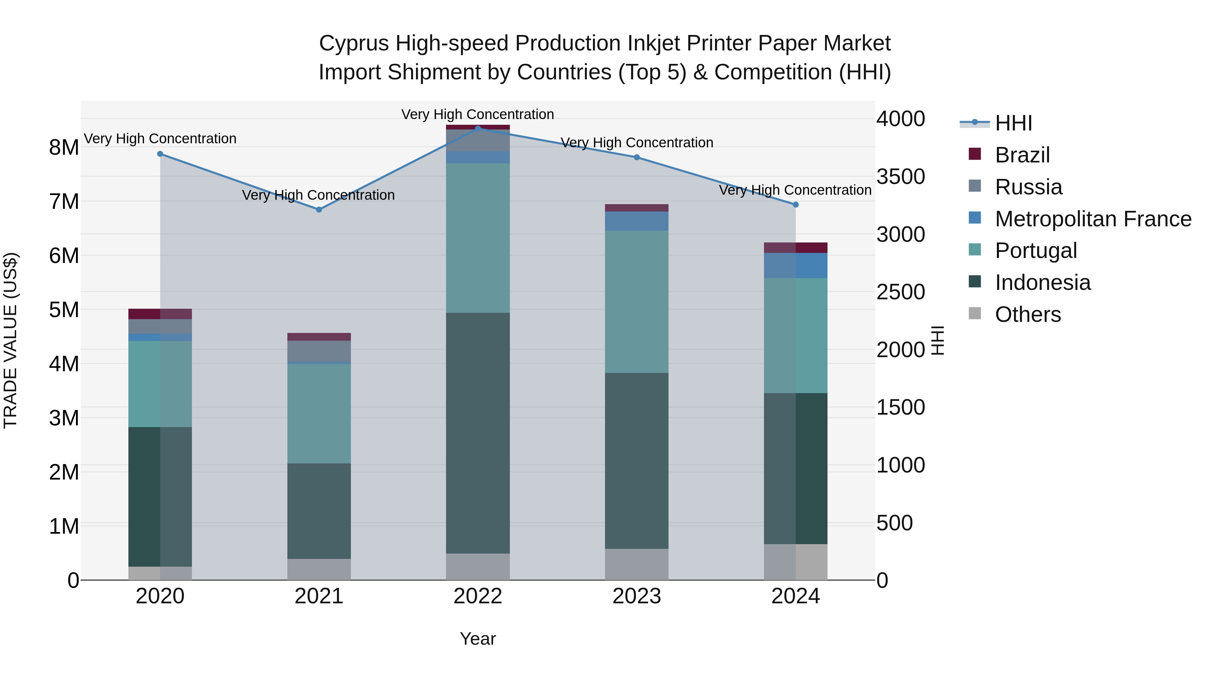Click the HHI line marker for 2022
478,128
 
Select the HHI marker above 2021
319,210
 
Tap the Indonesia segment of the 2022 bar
478,432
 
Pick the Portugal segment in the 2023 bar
637,302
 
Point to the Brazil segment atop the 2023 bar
637,208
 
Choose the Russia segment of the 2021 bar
319,351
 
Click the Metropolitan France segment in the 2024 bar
795,266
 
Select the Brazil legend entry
1022,155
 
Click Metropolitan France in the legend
1093,219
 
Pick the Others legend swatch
975,313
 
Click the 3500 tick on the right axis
900,177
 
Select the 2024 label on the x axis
795,596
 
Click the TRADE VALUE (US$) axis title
10,341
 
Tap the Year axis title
478,639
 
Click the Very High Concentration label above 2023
637,142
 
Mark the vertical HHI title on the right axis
937,341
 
